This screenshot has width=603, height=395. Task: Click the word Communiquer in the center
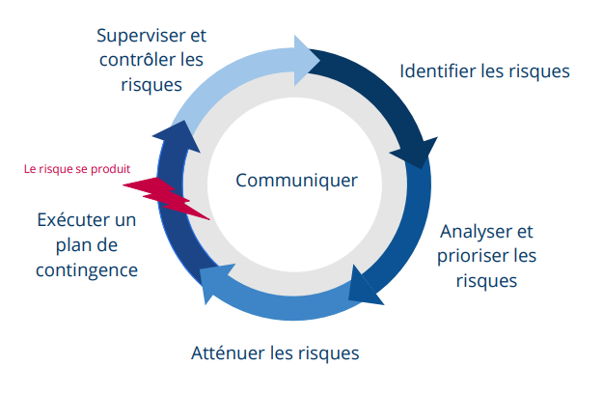pyautogui.click(x=296, y=181)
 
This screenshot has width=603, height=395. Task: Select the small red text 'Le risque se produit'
pyautogui.click(x=76, y=168)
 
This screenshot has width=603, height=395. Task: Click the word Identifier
pyautogui.click(x=436, y=71)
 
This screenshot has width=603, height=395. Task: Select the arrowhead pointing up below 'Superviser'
pyautogui.click(x=183, y=135)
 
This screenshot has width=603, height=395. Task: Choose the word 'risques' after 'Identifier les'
pyautogui.click(x=537, y=71)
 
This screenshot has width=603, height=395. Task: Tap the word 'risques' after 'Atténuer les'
pyautogui.click(x=328, y=353)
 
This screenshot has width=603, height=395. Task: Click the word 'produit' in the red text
pyautogui.click(x=111, y=168)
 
